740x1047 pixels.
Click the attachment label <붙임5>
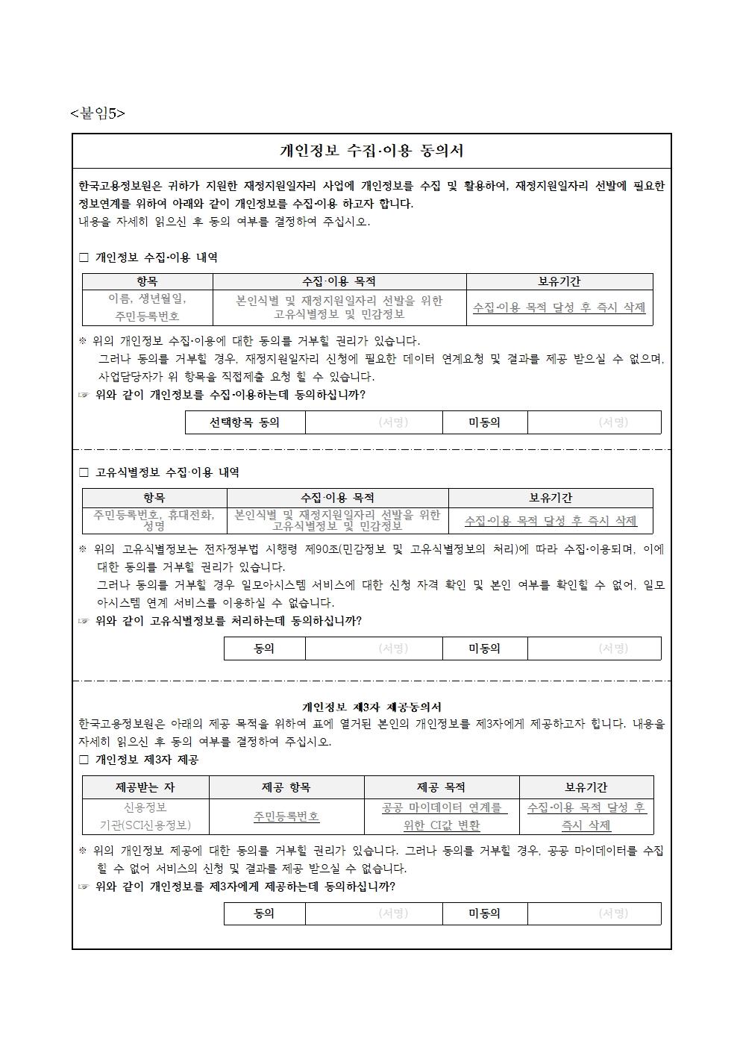pyautogui.click(x=98, y=113)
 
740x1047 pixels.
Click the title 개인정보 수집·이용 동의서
pyautogui.click(x=371, y=151)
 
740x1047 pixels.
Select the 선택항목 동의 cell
pyautogui.click(x=245, y=422)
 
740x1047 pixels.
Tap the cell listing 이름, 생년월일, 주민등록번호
pyautogui.click(x=147, y=307)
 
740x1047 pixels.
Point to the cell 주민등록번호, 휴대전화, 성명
pyautogui.click(x=154, y=520)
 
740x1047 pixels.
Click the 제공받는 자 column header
pyautogui.click(x=145, y=787)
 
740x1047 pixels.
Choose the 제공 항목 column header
pyautogui.click(x=286, y=787)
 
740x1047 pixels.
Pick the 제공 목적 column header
pyautogui.click(x=441, y=787)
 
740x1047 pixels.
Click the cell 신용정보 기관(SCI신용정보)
pyautogui.click(x=145, y=816)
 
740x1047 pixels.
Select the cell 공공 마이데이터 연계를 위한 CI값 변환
pyautogui.click(x=441, y=816)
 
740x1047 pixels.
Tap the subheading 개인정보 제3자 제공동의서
pyautogui.click(x=371, y=707)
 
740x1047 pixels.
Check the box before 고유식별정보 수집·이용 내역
pyautogui.click(x=84, y=472)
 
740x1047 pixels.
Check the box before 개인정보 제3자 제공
pyautogui.click(x=84, y=760)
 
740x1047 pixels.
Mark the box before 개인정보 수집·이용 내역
pyautogui.click(x=84, y=257)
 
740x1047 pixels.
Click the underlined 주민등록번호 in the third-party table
pyautogui.click(x=286, y=816)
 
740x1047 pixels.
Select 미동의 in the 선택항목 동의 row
pyautogui.click(x=484, y=422)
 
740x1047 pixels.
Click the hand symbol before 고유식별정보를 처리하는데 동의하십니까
pyautogui.click(x=84, y=621)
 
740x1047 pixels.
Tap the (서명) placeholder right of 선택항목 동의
pyautogui.click(x=393, y=422)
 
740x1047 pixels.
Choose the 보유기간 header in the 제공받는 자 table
pyautogui.click(x=586, y=787)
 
